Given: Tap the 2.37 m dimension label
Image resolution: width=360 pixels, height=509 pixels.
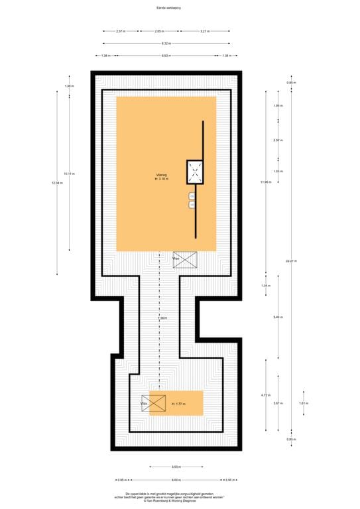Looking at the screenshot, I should pyautogui.click(x=121, y=30).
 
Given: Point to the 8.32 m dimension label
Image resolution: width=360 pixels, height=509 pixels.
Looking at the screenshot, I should pyautogui.click(x=164, y=43).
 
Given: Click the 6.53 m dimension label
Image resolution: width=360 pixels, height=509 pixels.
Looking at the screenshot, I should pyautogui.click(x=164, y=56).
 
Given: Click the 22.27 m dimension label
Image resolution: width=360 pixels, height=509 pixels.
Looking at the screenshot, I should pyautogui.click(x=289, y=261).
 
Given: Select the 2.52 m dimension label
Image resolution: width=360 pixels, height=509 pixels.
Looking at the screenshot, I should pyautogui.click(x=278, y=141).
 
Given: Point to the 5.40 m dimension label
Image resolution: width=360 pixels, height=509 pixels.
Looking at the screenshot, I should pyautogui.click(x=278, y=317).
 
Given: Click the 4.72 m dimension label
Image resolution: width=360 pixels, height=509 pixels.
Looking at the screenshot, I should pyautogui.click(x=264, y=395).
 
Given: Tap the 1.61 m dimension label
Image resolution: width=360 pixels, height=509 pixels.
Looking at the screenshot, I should pyautogui.click(x=303, y=404).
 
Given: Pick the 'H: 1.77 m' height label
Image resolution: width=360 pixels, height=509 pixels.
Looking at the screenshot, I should pyautogui.click(x=179, y=404).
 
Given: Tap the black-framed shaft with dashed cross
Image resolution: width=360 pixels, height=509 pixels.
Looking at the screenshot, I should pyautogui.click(x=196, y=172).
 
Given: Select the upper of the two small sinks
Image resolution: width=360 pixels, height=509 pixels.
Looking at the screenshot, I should pyautogui.click(x=192, y=196).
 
